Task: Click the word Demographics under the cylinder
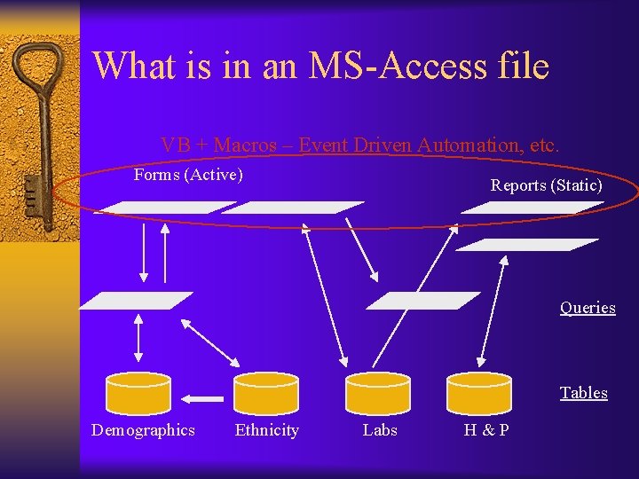143,430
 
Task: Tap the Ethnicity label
266,430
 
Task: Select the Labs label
380,430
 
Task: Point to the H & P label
486,430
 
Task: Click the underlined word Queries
587,308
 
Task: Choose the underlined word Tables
583,393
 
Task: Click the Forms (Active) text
188,175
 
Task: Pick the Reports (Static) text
546,185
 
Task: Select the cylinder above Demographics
138,392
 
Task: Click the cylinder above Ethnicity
265,392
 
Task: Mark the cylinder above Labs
378,392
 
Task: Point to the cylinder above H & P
479,392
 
